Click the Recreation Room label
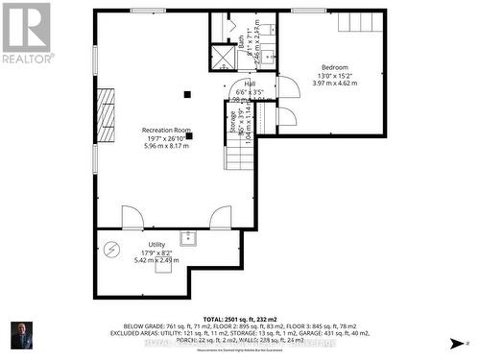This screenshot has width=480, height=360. [x=166, y=131]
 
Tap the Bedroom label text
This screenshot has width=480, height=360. [x=335, y=67]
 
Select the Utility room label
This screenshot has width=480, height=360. [x=156, y=245]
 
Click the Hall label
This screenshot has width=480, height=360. [x=249, y=84]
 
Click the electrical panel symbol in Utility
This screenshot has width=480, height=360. [x=111, y=249]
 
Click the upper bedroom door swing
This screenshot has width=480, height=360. [x=288, y=88]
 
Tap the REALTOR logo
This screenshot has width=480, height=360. [x=26, y=32]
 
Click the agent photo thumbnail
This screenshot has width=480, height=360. [x=19, y=335]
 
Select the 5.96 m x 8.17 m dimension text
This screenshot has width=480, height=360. [x=166, y=146]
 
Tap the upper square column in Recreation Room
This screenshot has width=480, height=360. [x=188, y=94]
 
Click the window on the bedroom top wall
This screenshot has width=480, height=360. [x=308, y=11]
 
